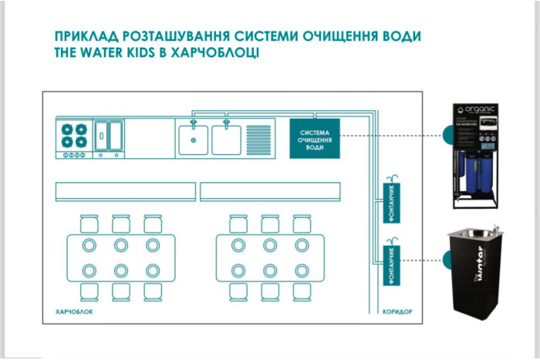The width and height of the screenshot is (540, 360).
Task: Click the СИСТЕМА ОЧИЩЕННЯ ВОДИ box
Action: pos(315,139)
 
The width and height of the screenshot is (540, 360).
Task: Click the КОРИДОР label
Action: pos(398,313)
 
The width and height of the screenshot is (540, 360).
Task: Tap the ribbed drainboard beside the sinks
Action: pos(257,139)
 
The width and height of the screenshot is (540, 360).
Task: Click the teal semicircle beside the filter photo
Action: pos(447,136)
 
